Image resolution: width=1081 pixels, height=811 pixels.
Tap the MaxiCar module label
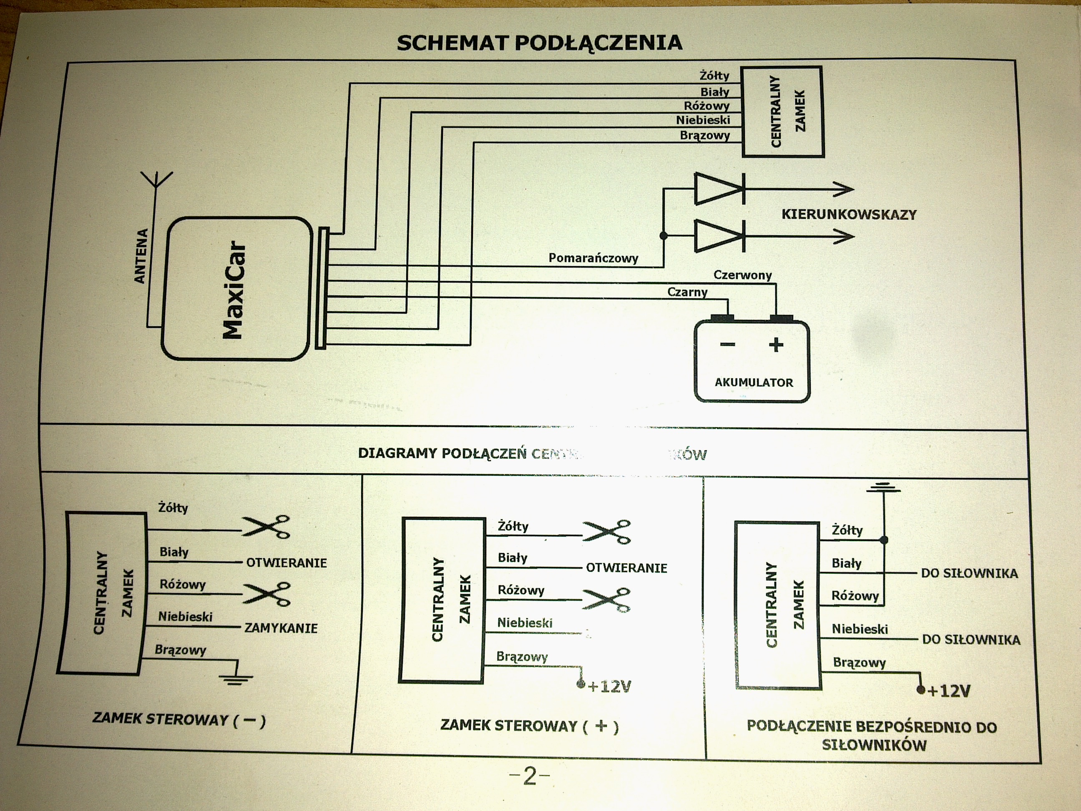[233, 290]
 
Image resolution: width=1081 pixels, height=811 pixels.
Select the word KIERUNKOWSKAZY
[849, 214]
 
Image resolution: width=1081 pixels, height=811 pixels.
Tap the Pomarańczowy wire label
[593, 258]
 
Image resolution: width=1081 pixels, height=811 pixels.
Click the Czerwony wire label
[742, 275]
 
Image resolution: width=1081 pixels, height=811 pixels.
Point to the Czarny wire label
[687, 292]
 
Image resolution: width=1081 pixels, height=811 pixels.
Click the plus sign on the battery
[776, 345]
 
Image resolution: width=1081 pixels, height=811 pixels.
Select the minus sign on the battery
[728, 345]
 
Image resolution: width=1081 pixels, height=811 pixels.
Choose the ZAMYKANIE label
[281, 628]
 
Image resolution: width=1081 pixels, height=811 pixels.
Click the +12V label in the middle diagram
[609, 687]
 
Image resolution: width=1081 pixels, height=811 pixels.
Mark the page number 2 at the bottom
[530, 776]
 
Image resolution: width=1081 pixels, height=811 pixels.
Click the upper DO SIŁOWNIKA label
[969, 574]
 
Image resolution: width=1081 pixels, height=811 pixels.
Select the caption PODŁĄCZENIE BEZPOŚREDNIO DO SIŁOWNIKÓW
[872, 736]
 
